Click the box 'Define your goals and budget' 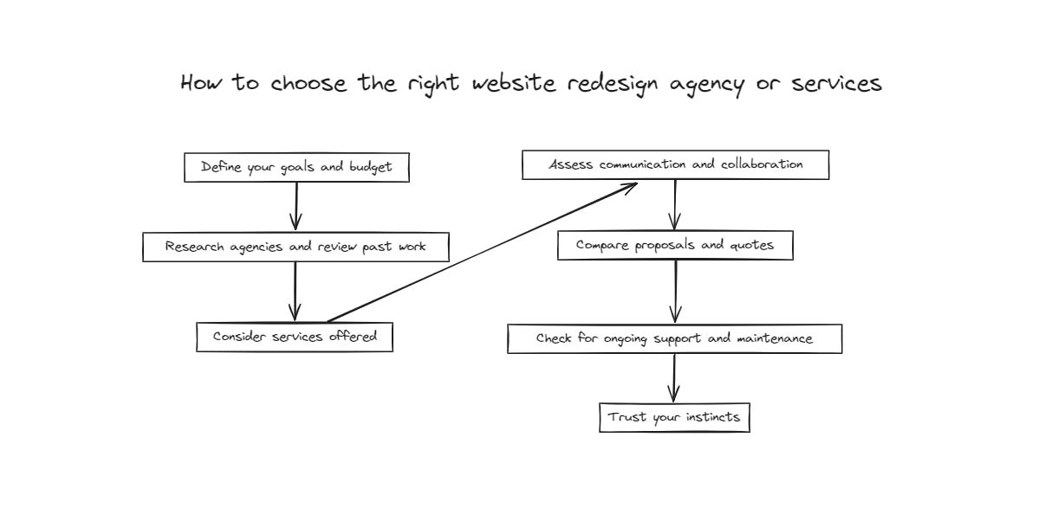coord(296,168)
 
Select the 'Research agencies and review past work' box coord(295,247)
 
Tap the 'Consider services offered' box coord(295,337)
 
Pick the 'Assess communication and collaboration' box coord(675,164)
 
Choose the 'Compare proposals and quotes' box coord(675,246)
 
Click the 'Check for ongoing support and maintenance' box coord(674,338)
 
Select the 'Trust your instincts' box coord(674,417)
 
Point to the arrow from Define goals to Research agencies coord(296,206)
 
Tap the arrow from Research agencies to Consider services coord(295,291)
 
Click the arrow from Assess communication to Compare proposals coord(675,204)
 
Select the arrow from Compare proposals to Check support coord(676,292)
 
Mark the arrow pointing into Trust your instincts coord(674,378)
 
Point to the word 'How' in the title coord(202,83)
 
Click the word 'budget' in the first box coord(370,168)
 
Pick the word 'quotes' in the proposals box coord(750,246)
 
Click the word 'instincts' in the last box coord(712,417)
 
